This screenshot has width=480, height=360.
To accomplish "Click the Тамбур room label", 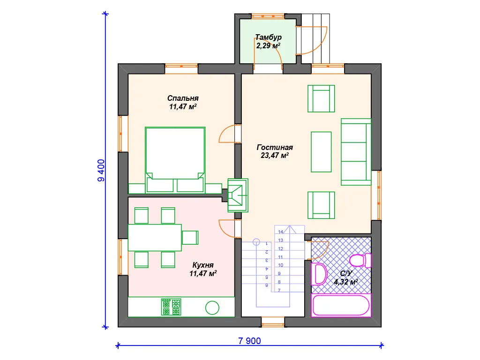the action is [269, 37].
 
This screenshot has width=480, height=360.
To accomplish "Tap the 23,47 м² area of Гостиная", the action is [275, 156].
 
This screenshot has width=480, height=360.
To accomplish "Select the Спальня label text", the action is [183, 98].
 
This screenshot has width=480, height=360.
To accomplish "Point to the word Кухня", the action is [203, 265].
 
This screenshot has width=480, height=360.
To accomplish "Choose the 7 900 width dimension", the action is [249, 341].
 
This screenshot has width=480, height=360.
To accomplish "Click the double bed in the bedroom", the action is [175, 160].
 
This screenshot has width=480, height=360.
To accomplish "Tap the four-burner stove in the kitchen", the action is [171, 307].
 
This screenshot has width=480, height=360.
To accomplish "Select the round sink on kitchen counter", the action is [212, 307].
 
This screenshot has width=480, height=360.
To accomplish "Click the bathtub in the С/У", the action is [341, 305].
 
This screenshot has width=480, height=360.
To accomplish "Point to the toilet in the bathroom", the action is [360, 261].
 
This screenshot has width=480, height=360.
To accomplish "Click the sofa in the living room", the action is [356, 152].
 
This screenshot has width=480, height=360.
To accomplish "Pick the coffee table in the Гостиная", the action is [321, 152].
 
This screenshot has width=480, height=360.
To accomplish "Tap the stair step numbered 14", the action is [281, 232].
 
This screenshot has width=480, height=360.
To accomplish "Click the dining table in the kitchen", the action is [155, 238].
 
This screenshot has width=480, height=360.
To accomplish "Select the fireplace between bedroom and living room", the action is [238, 195].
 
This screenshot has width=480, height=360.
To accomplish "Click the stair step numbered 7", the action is [279, 290].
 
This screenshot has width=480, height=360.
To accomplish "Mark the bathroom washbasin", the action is [319, 274].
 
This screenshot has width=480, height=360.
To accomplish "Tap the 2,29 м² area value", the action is [268, 46].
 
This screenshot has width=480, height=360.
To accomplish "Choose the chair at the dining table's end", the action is [190, 238].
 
